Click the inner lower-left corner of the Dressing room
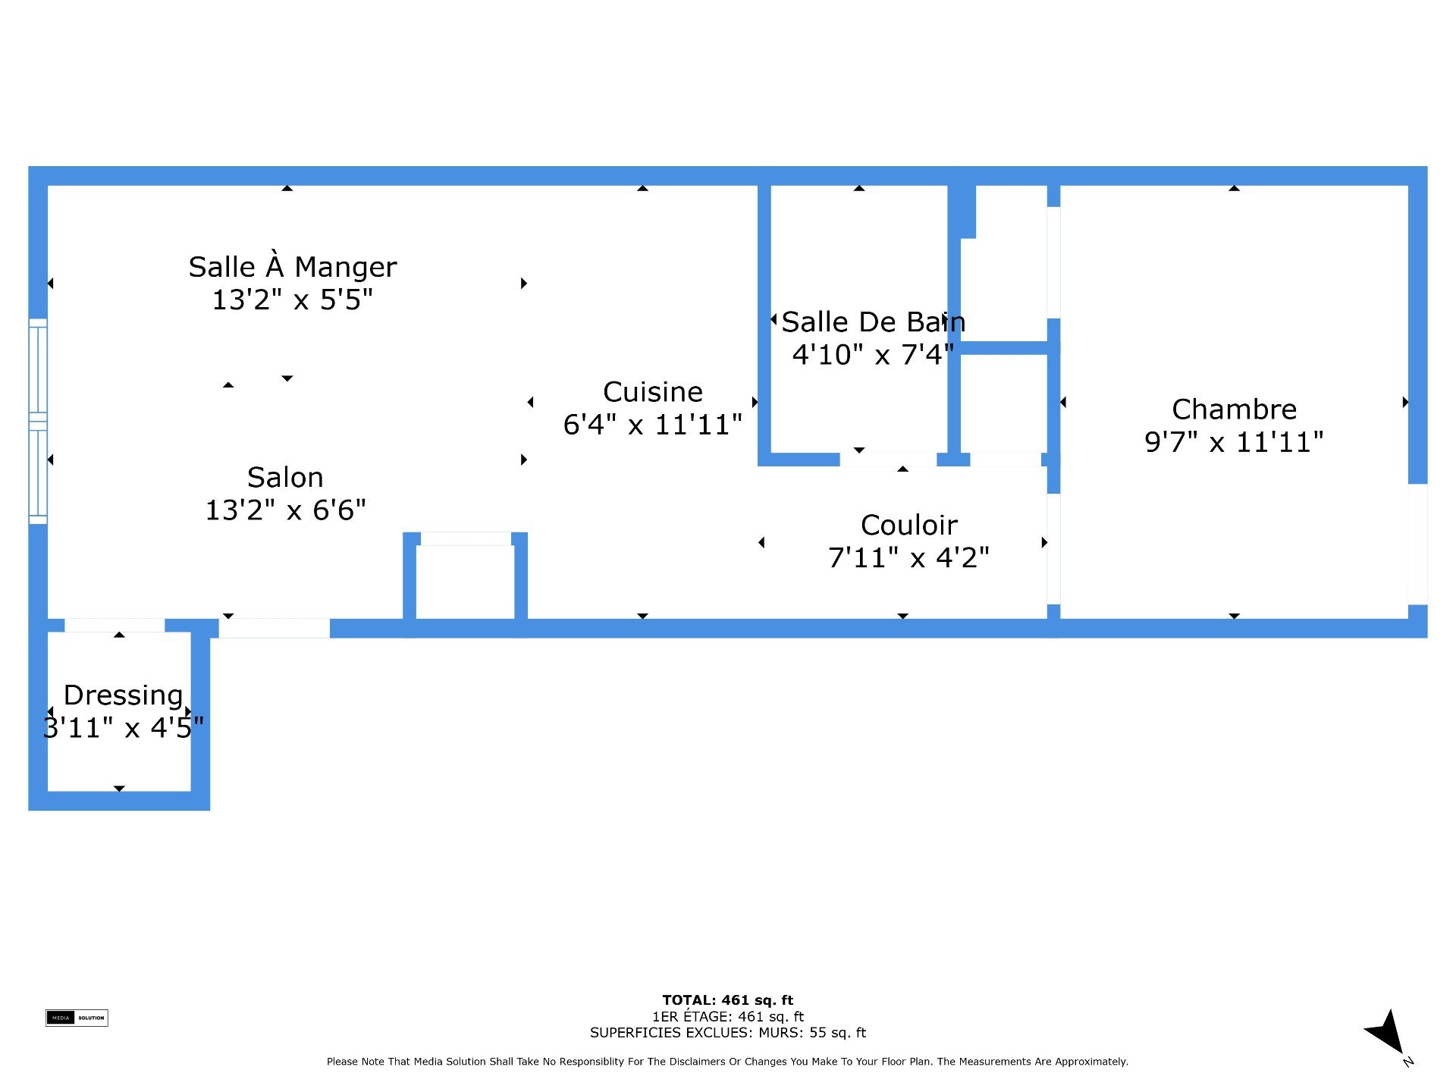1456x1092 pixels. (x=48, y=791)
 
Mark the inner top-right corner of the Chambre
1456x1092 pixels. (x=1408, y=186)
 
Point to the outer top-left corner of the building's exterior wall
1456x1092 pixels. (x=29, y=167)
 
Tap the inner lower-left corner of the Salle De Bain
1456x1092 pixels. (x=771, y=453)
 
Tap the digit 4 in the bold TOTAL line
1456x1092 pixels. (x=726, y=1000)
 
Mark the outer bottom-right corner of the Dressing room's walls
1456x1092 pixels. (x=210, y=810)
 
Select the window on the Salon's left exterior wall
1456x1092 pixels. (x=38, y=422)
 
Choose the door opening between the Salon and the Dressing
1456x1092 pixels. (x=115, y=626)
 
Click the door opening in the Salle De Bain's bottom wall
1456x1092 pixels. (x=888, y=459)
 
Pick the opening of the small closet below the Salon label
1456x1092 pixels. (x=466, y=538)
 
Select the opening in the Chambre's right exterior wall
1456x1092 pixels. (x=1418, y=544)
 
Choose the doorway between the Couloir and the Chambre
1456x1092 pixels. (x=1053, y=549)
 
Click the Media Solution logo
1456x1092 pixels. (x=77, y=1018)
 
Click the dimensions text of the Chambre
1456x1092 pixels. (x=1234, y=442)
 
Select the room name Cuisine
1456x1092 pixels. (x=653, y=392)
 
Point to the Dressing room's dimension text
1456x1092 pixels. (x=124, y=728)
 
